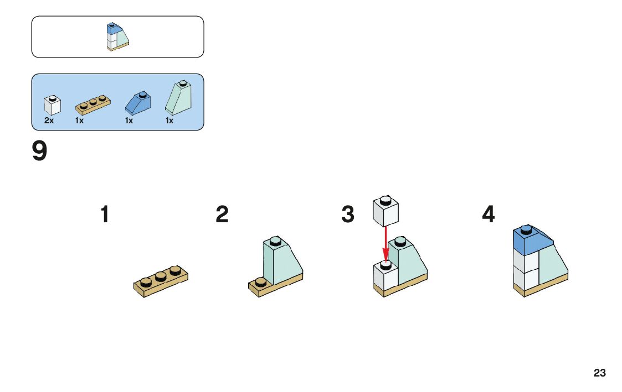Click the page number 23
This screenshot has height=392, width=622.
599,373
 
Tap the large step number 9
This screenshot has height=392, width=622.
39,152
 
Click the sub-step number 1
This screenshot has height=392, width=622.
104,215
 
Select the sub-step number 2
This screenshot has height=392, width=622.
222,215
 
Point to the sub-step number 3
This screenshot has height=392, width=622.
347,215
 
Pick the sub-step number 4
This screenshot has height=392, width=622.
488,215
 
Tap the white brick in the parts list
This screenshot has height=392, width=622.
52,105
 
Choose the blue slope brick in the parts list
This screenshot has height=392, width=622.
138,103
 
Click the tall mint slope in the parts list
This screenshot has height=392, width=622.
178,97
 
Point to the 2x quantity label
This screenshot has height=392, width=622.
49,121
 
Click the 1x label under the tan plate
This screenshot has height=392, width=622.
79,121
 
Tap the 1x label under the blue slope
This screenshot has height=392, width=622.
129,121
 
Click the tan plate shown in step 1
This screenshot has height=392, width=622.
161,280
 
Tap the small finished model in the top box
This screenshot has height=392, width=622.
117,36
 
